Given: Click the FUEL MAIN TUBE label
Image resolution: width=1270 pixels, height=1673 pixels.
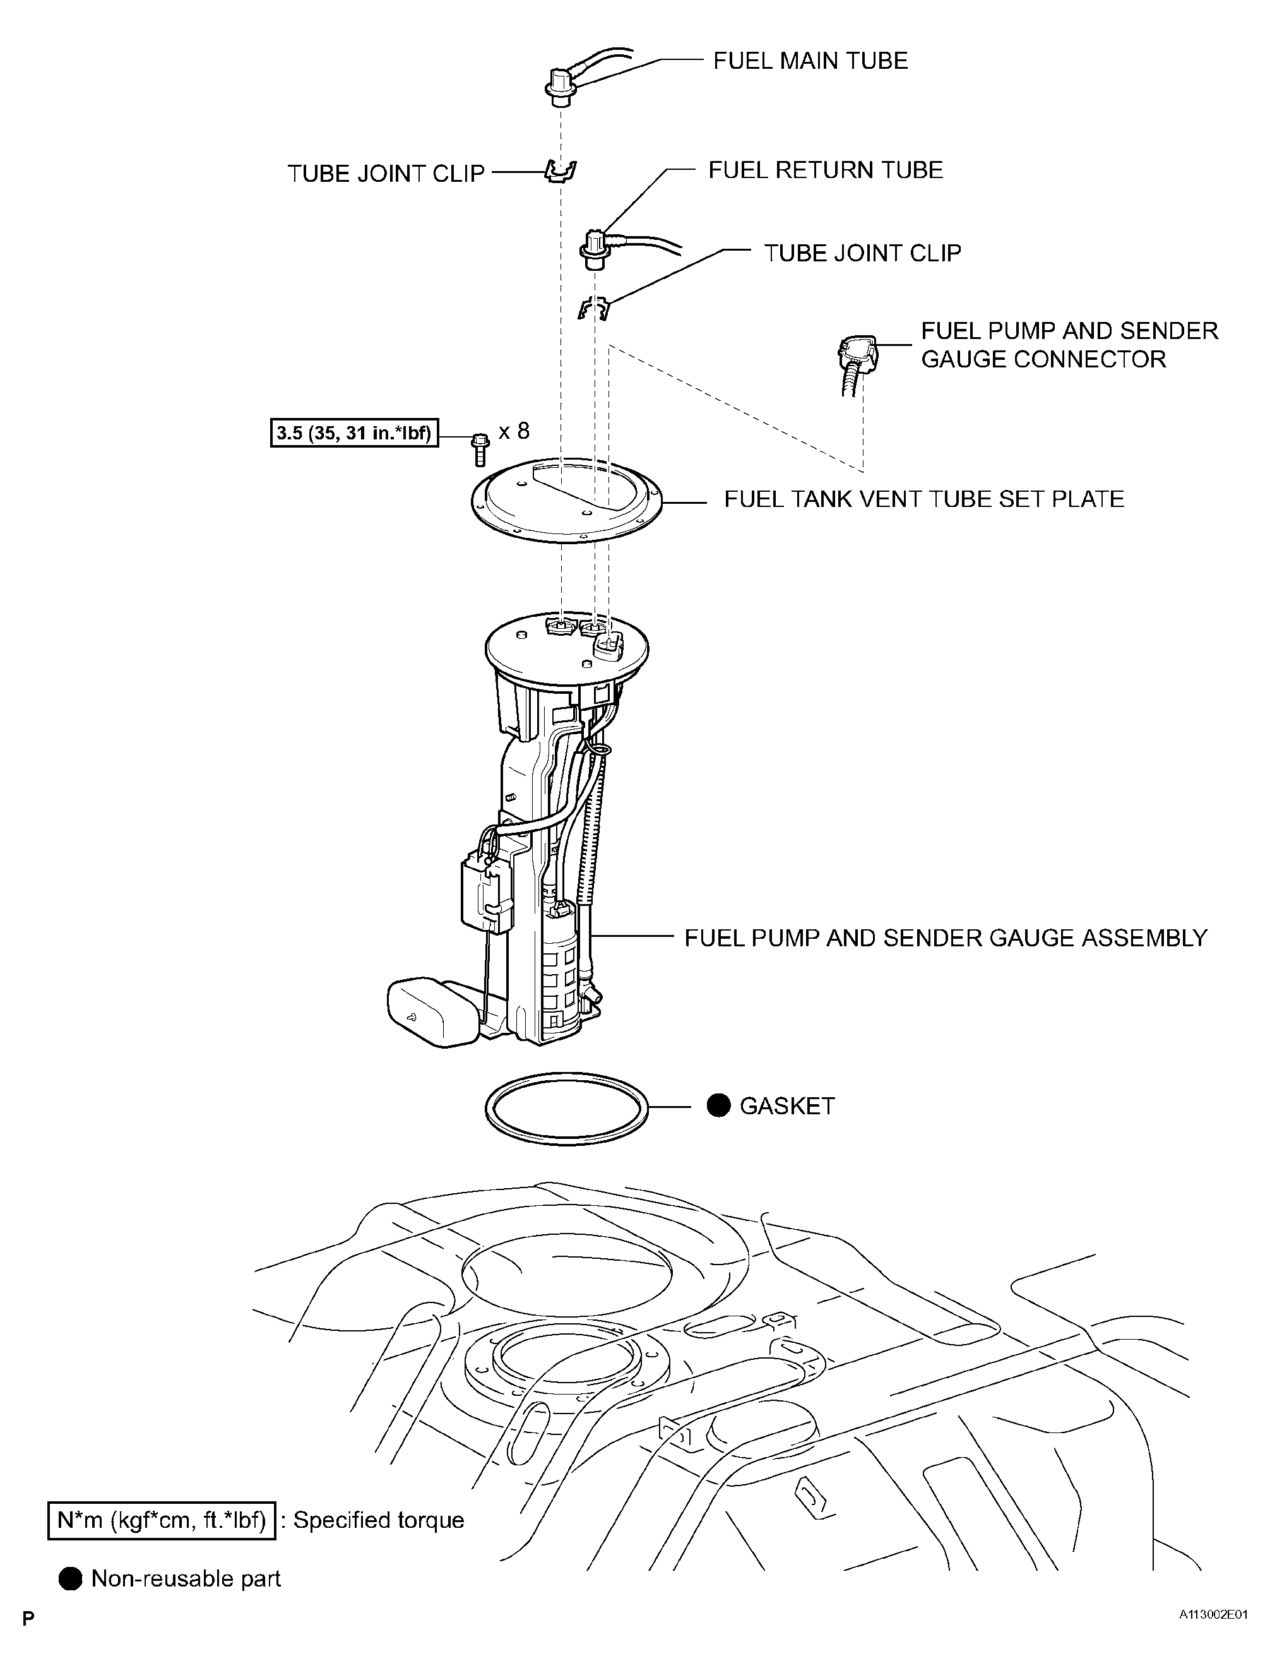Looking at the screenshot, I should pyautogui.click(x=810, y=61).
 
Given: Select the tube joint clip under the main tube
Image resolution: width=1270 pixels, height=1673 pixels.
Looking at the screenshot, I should pyautogui.click(x=561, y=172).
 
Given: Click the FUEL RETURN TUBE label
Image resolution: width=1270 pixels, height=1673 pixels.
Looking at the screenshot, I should pyautogui.click(x=825, y=170).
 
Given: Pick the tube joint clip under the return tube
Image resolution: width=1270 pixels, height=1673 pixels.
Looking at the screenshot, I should pyautogui.click(x=595, y=308).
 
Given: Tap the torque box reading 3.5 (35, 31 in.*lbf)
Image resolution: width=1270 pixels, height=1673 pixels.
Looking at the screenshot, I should pyautogui.click(x=354, y=433).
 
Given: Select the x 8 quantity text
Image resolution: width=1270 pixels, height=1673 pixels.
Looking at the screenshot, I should pyautogui.click(x=514, y=431).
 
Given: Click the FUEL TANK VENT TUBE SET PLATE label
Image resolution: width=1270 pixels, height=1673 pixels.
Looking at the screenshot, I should pyautogui.click(x=923, y=499).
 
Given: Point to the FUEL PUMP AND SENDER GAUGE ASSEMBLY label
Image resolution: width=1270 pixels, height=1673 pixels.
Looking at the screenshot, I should pyautogui.click(x=946, y=938).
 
